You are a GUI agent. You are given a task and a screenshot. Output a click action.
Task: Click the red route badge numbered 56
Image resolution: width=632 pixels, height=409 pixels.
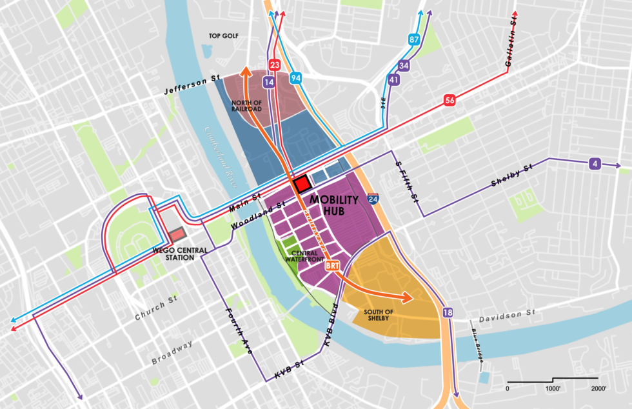tap(449, 100)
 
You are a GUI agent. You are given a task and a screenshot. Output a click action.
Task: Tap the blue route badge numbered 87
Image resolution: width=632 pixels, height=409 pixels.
tap(414, 40)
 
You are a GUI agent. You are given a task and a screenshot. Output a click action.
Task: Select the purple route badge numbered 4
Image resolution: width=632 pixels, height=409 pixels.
tap(595, 164)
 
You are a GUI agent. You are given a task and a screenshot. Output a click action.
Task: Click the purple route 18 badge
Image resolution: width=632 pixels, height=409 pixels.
tap(448, 313)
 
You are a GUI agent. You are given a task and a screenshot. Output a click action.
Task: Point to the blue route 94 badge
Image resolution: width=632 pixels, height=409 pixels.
tap(296, 78)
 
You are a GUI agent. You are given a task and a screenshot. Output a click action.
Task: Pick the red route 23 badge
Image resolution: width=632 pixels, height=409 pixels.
tap(275, 65)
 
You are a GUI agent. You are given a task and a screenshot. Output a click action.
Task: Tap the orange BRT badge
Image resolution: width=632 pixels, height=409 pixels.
tap(332, 265)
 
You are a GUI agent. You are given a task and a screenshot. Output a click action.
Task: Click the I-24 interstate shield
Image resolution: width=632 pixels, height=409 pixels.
tap(373, 199)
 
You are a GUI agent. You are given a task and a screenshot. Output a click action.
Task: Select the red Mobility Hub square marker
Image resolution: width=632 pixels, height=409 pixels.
tap(302, 183)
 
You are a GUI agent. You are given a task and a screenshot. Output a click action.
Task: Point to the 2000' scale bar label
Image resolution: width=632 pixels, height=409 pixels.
tap(598, 388)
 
